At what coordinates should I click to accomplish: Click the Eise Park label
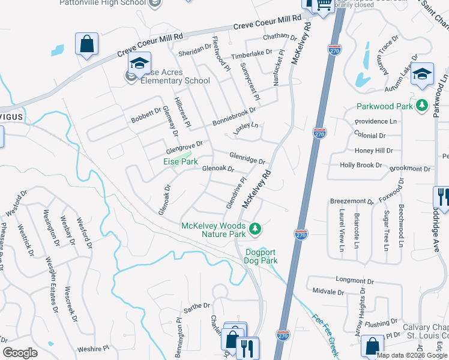click(181, 161)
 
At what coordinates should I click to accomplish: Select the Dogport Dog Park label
click(261, 256)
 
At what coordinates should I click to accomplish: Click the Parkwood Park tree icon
click(423, 106)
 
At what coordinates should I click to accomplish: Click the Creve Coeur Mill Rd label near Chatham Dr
click(267, 22)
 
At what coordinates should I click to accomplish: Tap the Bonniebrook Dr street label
click(234, 116)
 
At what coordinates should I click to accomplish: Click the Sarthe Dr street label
click(197, 308)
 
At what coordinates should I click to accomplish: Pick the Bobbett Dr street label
click(138, 116)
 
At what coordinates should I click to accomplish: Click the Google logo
click(20, 353)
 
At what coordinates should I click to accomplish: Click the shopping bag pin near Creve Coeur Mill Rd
click(86, 44)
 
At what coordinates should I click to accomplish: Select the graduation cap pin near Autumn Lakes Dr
click(422, 73)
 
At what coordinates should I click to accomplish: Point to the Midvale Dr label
click(328, 292)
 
